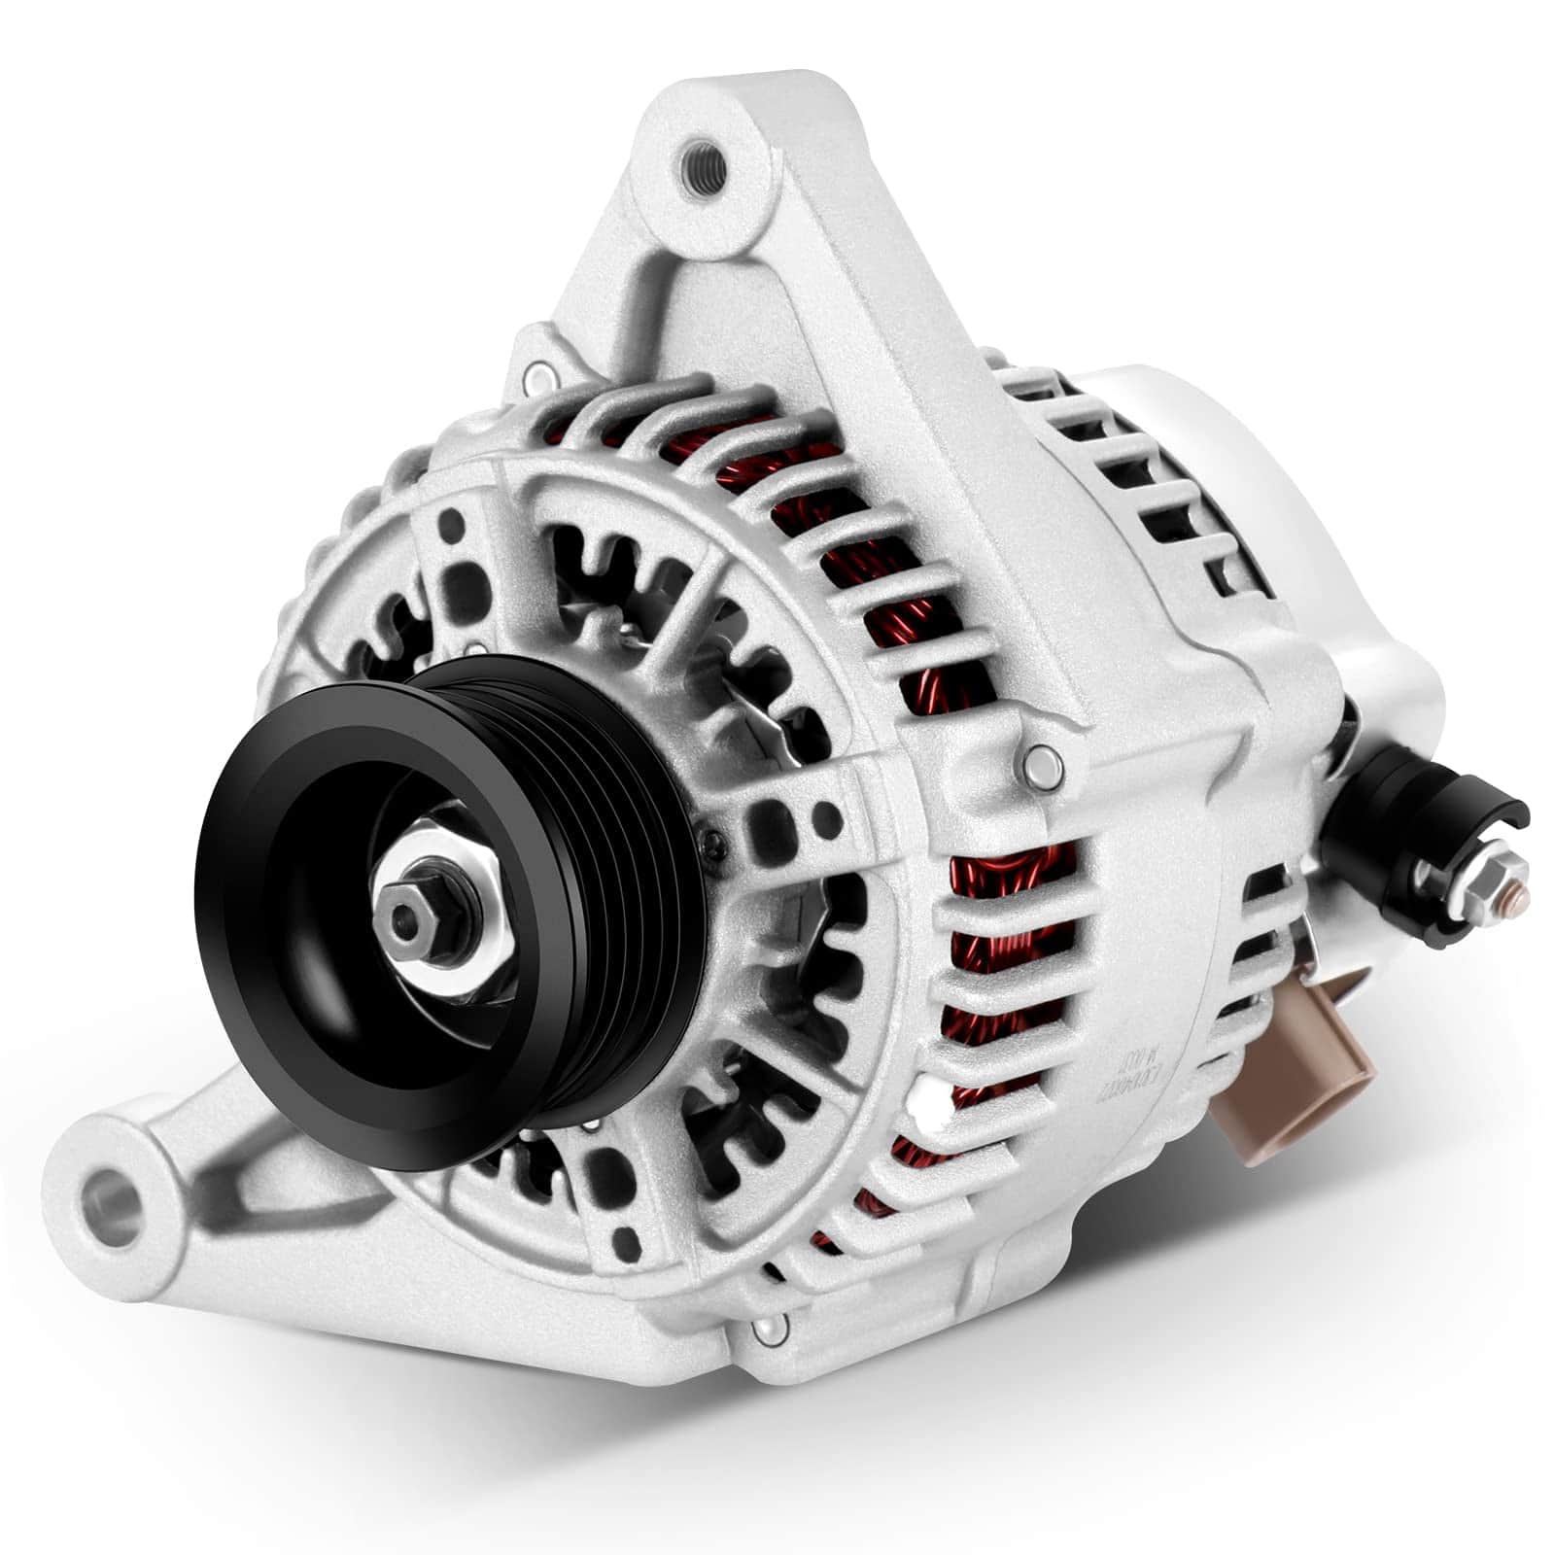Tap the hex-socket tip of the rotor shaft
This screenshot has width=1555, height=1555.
[401, 915]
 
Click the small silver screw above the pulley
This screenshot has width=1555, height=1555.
[474, 648]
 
